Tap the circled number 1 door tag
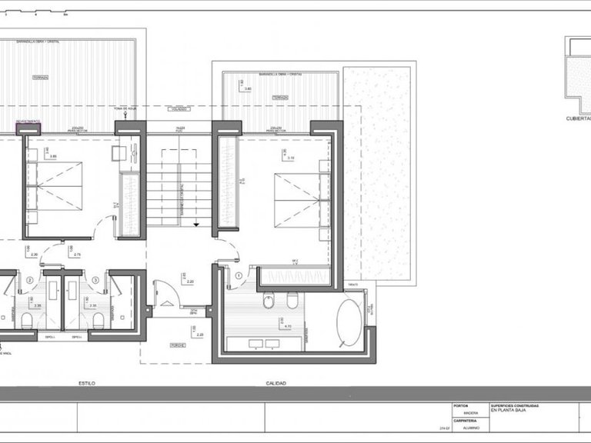[239, 275]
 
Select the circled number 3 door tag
[95, 280]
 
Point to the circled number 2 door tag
[30, 280]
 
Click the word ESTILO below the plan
[87, 382]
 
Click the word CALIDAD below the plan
[277, 382]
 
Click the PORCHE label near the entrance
[178, 344]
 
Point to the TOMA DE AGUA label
[124, 110]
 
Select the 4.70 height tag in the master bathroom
[288, 327]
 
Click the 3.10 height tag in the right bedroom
[291, 158]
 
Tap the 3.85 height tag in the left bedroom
[52, 157]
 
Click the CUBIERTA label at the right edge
[578, 119]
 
